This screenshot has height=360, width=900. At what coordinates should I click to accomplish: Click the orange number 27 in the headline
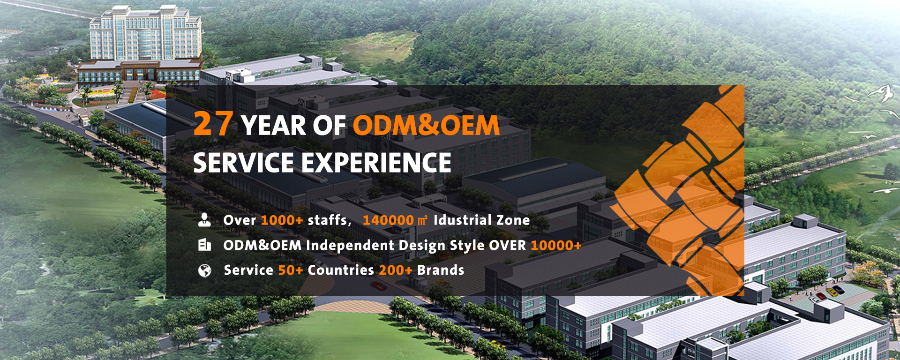click(x=213, y=123)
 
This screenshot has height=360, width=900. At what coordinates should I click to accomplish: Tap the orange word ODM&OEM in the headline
click(x=426, y=126)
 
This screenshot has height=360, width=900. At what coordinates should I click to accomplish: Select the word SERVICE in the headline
click(x=243, y=163)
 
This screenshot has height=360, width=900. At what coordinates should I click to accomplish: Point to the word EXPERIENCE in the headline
click(x=376, y=163)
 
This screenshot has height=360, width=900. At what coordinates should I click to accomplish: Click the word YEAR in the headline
click(x=273, y=126)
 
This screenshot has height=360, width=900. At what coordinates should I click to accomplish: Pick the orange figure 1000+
click(x=282, y=220)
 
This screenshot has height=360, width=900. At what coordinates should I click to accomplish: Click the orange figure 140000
click(x=388, y=220)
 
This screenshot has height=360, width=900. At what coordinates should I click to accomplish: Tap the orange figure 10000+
click(x=556, y=245)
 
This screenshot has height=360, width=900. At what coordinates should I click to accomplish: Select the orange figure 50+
click(x=291, y=270)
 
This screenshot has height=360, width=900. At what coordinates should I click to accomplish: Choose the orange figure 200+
click(x=396, y=270)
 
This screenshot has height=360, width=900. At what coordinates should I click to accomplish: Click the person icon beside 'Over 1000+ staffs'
click(x=204, y=219)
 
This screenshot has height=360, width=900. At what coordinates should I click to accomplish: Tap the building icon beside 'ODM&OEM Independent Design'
click(x=204, y=245)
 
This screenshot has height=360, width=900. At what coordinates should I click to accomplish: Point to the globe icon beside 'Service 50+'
click(x=204, y=270)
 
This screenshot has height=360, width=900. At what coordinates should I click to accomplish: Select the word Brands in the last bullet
click(x=441, y=270)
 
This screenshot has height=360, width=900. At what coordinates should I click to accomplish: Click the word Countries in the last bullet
click(x=341, y=270)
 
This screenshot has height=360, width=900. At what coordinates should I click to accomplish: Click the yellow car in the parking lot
click(x=832, y=292)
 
